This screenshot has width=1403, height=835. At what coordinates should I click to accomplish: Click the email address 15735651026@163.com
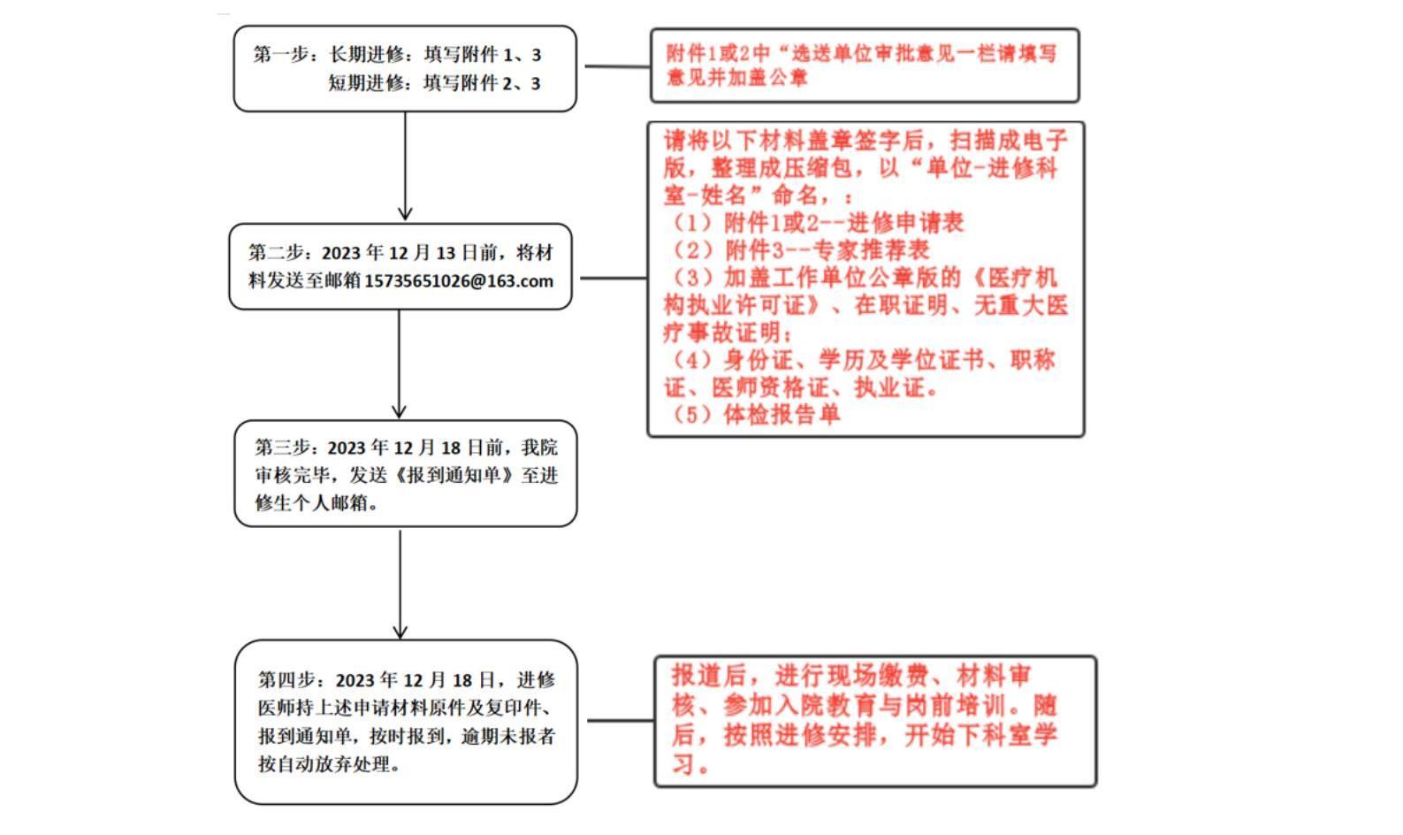(459, 281)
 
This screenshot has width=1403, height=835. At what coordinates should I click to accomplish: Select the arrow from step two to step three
(399, 363)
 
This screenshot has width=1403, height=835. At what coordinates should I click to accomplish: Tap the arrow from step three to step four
(400, 584)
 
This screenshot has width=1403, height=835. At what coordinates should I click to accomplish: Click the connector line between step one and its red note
(616, 66)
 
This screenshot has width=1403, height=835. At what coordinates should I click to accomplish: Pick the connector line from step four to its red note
(620, 720)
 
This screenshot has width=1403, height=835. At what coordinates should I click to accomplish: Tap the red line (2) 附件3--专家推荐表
(800, 249)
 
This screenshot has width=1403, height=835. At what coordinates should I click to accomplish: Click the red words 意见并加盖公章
(737, 78)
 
